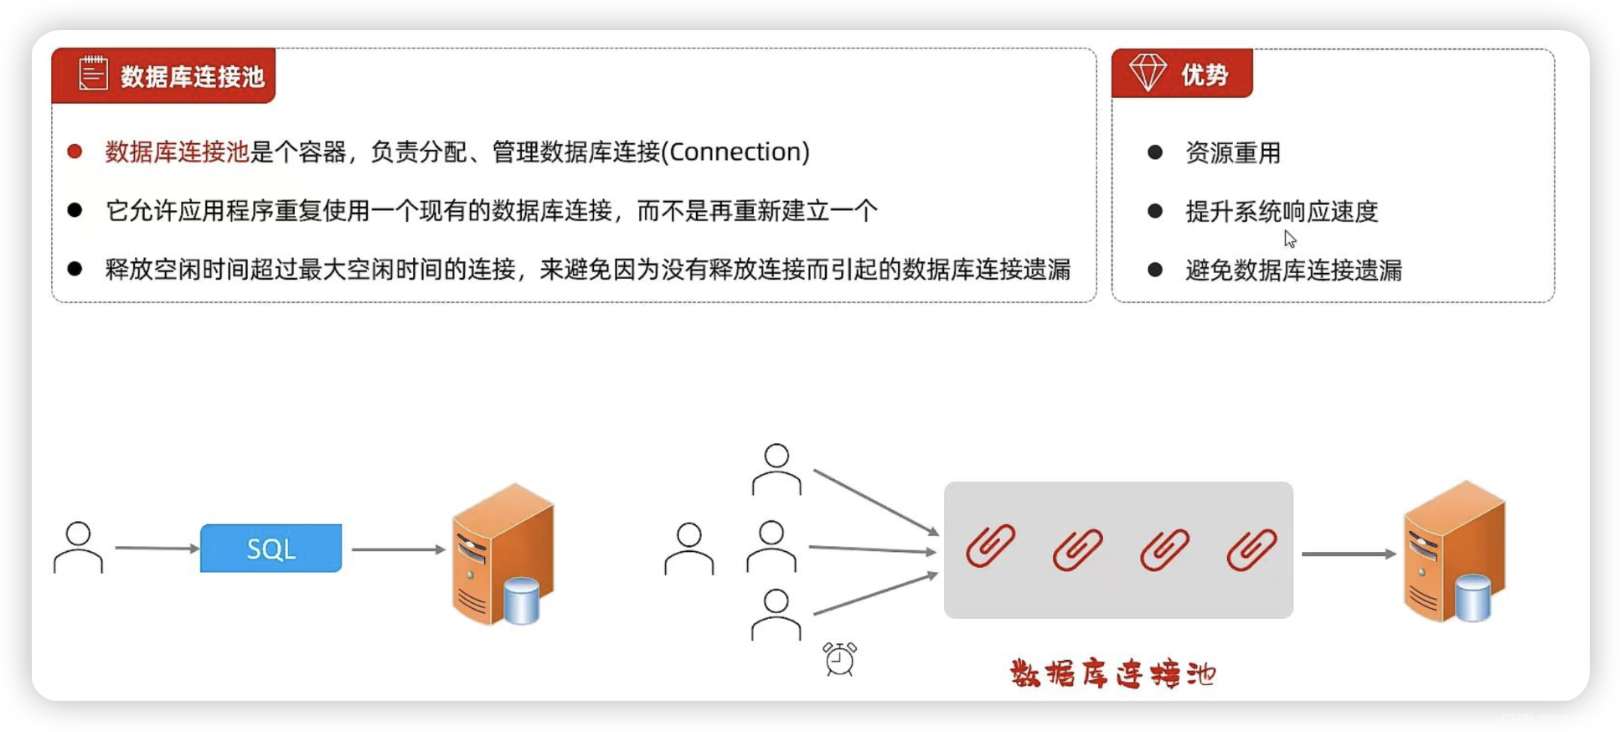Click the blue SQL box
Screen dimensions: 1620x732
click(271, 549)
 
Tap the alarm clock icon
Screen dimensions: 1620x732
click(839, 659)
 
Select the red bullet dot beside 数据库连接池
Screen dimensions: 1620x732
click(75, 152)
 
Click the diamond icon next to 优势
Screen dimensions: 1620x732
click(1148, 73)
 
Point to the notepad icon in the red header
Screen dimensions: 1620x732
click(93, 74)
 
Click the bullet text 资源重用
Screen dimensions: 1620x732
click(1232, 153)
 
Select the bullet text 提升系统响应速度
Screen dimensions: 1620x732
click(1282, 212)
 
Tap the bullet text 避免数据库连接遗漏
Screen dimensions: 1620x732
click(1293, 271)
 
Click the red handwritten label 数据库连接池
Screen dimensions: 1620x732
click(1112, 674)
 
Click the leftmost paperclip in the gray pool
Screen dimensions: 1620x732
click(991, 547)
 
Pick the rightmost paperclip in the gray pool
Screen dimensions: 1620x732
click(1251, 550)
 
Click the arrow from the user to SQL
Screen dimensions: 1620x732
click(157, 548)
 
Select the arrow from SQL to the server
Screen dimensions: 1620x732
click(398, 549)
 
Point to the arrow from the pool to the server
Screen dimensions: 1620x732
click(1348, 554)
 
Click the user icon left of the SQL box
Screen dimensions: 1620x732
click(78, 548)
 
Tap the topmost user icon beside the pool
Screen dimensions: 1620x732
click(776, 469)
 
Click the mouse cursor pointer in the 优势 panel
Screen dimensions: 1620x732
click(1289, 239)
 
